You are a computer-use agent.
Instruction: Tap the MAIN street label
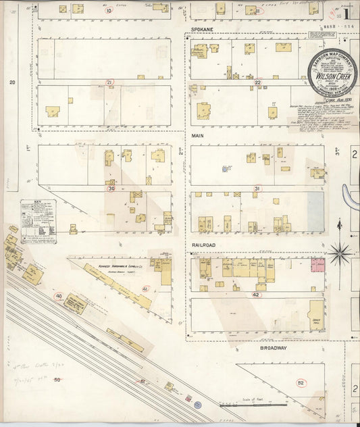(x=197, y=135)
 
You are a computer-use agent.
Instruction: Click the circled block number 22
(x=257, y=82)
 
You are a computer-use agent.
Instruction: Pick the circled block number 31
(x=257, y=189)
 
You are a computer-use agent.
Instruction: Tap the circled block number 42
(x=256, y=295)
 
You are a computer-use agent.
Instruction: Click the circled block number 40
(x=59, y=296)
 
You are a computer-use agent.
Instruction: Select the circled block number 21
(x=109, y=82)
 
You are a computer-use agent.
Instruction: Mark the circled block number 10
(x=108, y=11)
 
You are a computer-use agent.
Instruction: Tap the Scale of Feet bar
(x=260, y=405)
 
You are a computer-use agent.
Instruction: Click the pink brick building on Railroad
(x=318, y=264)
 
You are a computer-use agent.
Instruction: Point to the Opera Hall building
(x=315, y=315)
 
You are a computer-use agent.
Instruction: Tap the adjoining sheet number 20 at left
(x=11, y=82)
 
